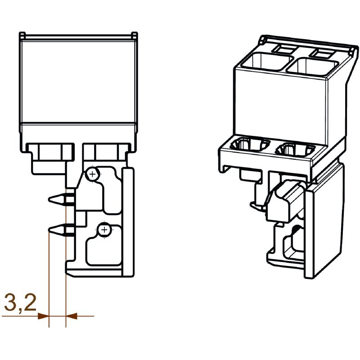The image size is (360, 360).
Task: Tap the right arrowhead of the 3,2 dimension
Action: click(x=71, y=316)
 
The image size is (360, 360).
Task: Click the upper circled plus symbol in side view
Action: click(x=92, y=174)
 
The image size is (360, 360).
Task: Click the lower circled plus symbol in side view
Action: click(x=104, y=230)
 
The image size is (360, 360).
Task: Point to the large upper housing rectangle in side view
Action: click(x=78, y=81)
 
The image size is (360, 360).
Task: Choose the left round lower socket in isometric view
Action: click(x=247, y=145)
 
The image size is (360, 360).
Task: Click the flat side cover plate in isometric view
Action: click(x=324, y=225)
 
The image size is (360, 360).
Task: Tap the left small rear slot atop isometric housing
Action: click(x=284, y=47)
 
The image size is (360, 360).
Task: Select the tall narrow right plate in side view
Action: click(x=130, y=220)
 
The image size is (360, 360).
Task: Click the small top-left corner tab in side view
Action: click(x=22, y=35)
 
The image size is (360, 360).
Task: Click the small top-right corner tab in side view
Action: click(x=134, y=35)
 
